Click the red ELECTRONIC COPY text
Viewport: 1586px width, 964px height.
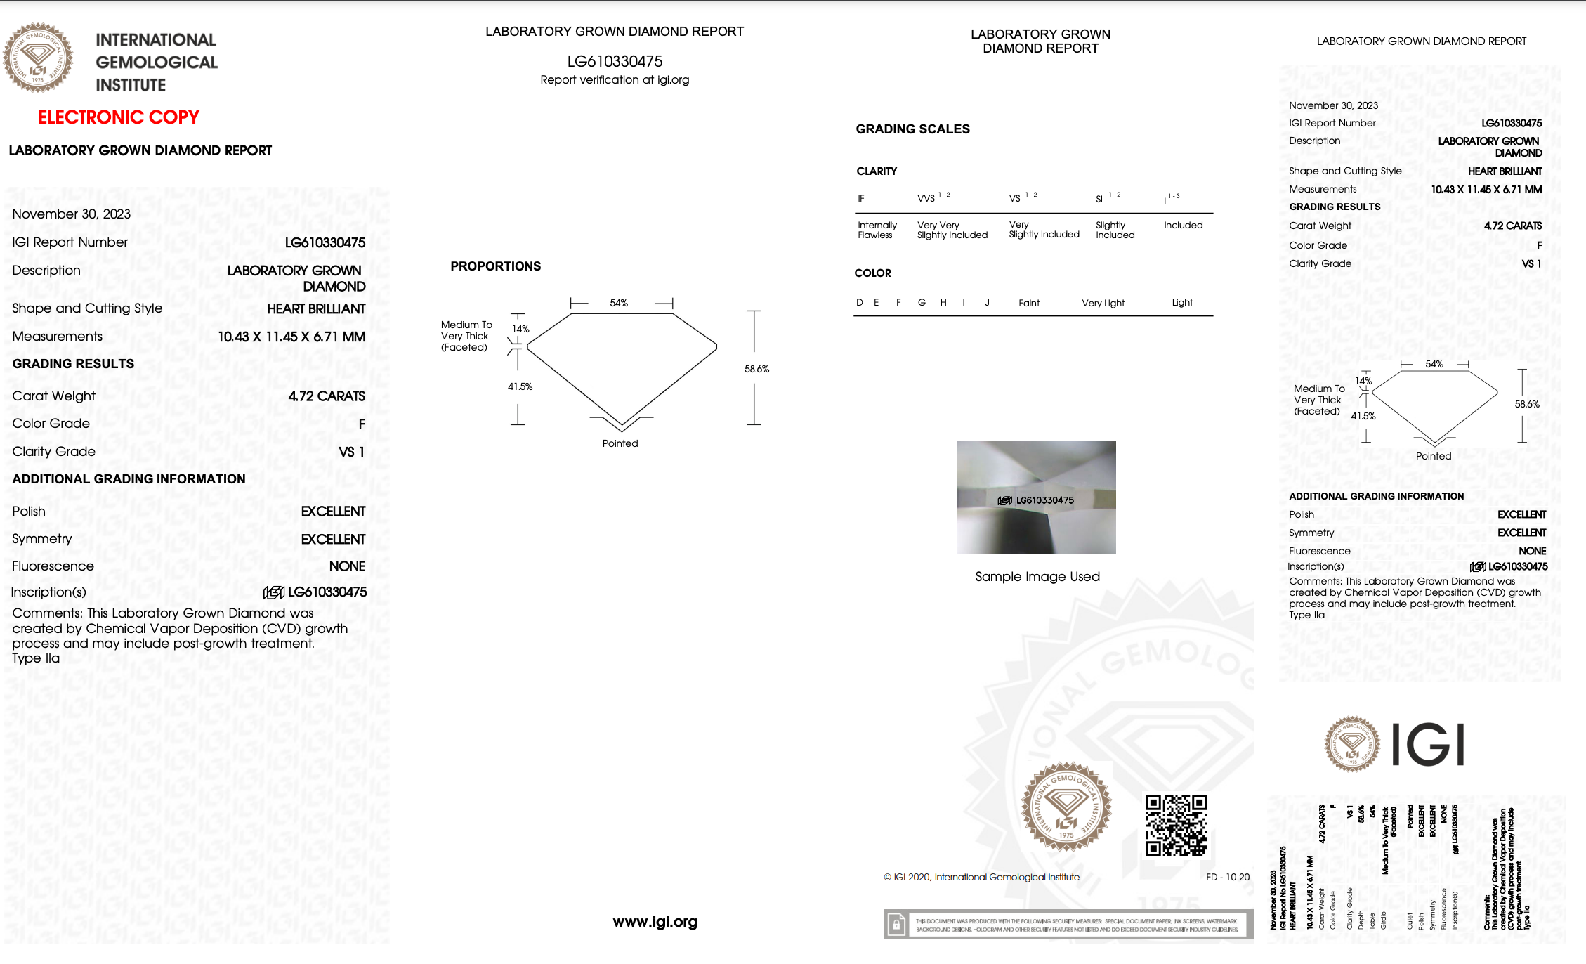119,117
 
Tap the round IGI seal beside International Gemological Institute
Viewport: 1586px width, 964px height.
38,58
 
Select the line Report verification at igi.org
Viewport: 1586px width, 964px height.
615,80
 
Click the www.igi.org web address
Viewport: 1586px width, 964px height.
655,922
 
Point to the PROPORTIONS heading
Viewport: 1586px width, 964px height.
495,266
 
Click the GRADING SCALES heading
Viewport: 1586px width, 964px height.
912,129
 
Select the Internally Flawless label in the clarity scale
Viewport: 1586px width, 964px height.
877,230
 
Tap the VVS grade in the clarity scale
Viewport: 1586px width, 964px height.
926,199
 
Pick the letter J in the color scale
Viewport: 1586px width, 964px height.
987,303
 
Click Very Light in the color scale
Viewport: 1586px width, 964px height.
1103,303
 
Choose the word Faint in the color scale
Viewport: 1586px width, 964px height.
1029,303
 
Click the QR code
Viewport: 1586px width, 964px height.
1176,825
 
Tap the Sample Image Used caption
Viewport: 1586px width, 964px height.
1037,577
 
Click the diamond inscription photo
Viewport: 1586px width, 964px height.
1036,497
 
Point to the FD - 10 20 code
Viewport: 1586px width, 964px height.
1228,877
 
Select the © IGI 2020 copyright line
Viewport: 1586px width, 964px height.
981,877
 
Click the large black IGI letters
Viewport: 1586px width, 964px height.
1427,745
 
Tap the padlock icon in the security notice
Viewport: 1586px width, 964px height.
896,925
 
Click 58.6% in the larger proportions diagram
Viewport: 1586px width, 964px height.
756,369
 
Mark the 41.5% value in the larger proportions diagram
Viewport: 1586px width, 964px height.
520,386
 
